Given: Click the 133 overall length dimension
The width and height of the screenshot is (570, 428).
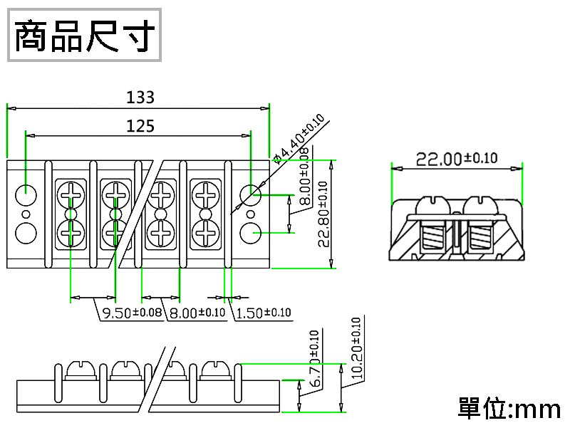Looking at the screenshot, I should [140, 97].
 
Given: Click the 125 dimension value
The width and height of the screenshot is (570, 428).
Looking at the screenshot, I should [140, 126].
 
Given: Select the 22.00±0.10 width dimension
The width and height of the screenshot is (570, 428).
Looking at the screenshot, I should [457, 159].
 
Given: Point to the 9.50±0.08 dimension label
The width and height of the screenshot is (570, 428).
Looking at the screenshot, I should [133, 313].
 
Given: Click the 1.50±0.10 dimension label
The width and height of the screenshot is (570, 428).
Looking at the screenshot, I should [262, 313].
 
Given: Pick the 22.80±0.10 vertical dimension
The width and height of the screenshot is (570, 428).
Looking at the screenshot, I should [323, 214].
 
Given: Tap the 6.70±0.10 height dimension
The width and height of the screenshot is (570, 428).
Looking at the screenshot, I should [315, 359].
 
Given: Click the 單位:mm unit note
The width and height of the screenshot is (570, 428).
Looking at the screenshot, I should [509, 409].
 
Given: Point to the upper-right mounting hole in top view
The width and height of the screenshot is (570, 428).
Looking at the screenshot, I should [250, 194].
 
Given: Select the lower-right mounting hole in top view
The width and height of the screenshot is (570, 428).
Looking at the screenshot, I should [250, 232].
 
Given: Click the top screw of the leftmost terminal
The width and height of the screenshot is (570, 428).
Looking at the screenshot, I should [71, 193].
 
